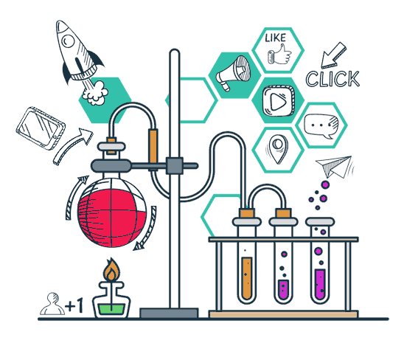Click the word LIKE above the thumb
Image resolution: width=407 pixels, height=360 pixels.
tap(276, 38)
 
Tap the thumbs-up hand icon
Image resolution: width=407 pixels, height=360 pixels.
tap(279, 55)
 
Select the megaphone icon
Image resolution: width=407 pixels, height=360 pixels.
tap(233, 73)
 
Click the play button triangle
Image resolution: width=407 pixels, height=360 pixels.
tap(277, 101)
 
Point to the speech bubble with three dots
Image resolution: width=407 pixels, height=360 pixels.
tap(321, 126)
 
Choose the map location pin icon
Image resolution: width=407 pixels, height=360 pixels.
tap(278, 149)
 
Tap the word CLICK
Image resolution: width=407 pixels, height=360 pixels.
tap(333, 79)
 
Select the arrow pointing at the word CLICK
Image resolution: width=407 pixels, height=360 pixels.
tap(333, 55)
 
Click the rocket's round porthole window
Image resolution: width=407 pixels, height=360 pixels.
tap(69, 41)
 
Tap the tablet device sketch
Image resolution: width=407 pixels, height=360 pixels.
tap(41, 128)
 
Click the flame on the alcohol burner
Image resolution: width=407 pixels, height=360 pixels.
tap(111, 270)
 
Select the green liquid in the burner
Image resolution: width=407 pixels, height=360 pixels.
tap(111, 309)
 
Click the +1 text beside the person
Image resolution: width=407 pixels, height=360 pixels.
tap(74, 305)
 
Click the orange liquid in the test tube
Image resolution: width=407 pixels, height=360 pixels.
tap(246, 278)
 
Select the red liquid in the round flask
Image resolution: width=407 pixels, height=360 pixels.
tap(111, 218)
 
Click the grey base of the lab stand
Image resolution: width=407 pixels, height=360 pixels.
tap(169, 313)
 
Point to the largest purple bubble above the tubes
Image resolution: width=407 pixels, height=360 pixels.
tap(325, 185)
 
